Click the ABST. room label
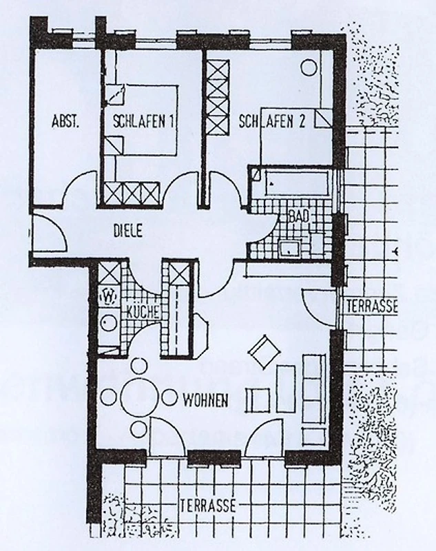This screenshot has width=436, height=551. pos(65,122)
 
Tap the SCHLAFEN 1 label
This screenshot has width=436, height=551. pos(143,122)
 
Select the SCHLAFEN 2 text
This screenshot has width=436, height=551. pos(271,122)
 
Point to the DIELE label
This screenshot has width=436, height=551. pos(128,231)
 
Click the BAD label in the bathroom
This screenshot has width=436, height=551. pos(299,216)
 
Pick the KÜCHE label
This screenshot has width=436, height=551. pos(143,312)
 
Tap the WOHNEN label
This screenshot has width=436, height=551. pos(206,400)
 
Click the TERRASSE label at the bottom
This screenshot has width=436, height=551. pos(207,506)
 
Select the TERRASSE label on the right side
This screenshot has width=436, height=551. pos(372,306)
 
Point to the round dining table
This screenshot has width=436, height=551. pos(140,397)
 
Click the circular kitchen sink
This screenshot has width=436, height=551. pos(110,322)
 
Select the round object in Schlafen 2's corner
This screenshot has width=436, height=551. pos(309,67)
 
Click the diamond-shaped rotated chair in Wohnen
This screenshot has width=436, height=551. pos(264,353)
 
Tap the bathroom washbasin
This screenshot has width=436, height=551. pos(289,247)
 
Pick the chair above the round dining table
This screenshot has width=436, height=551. pos(139,366)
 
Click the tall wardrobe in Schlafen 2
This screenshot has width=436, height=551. pos(217,98)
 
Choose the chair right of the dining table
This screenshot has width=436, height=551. pos(169,397)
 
